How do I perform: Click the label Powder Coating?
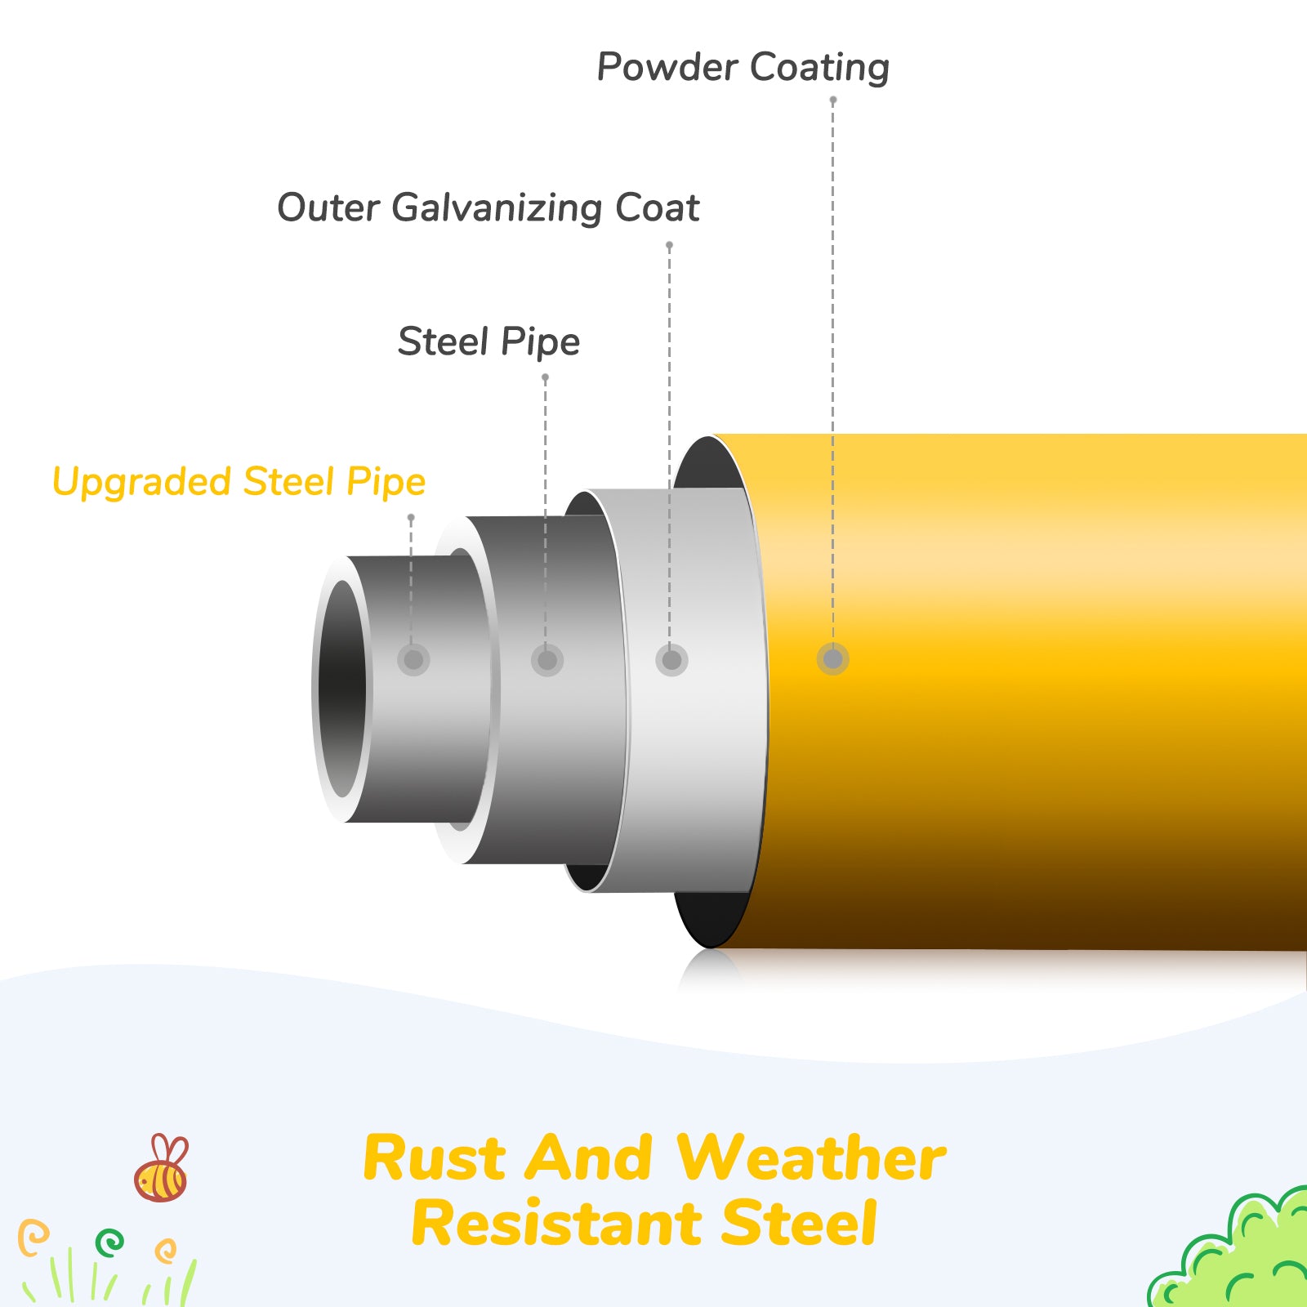[x=743, y=67]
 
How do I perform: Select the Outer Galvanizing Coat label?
[x=488, y=207]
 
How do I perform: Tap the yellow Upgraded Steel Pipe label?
[x=239, y=481]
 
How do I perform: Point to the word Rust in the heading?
[x=434, y=1158]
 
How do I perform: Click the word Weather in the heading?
[x=810, y=1158]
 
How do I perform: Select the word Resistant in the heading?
[x=555, y=1224]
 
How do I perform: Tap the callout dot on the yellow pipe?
[x=832, y=659]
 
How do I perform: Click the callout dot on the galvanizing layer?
[x=671, y=660]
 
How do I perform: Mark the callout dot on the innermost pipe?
[x=413, y=659]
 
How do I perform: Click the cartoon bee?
[x=162, y=1170]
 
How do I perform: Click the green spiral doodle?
[x=109, y=1242]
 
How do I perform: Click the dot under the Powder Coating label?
[x=832, y=100]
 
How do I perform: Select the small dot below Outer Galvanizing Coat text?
[x=669, y=245]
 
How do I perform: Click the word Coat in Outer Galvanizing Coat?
[x=657, y=207]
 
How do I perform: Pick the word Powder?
[x=667, y=67]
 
